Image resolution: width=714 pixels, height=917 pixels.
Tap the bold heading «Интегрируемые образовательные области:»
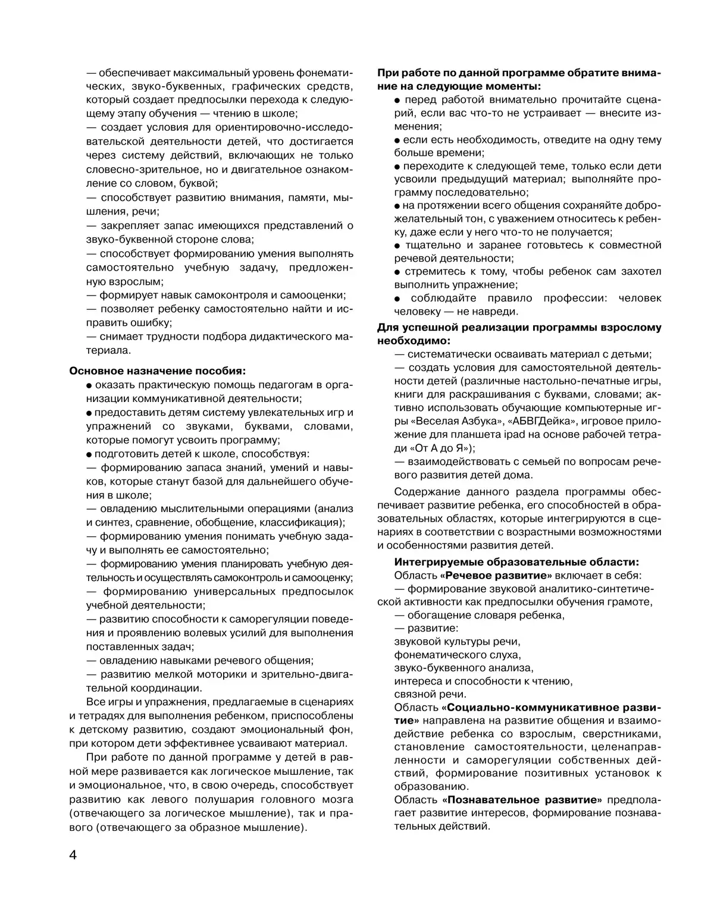click(517, 562)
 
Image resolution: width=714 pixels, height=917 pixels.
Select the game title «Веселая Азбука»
click(436, 421)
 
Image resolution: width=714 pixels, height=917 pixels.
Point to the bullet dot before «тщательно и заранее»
click(397, 246)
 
